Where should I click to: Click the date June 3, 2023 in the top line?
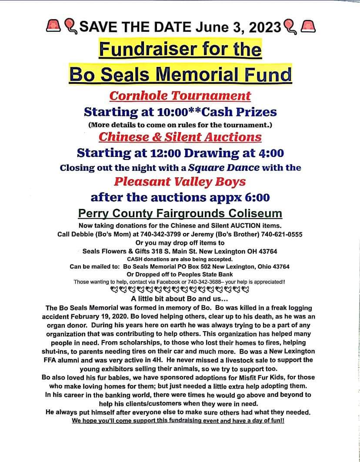coord(238,27)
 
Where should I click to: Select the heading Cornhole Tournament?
coord(180,96)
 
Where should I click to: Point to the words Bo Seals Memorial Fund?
coord(180,74)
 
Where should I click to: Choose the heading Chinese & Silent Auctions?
coord(180,137)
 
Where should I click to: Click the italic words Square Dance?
coord(224,167)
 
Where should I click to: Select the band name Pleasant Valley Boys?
coord(180,182)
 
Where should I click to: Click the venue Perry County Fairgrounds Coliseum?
coord(180,214)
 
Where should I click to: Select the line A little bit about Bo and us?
coord(180,299)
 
